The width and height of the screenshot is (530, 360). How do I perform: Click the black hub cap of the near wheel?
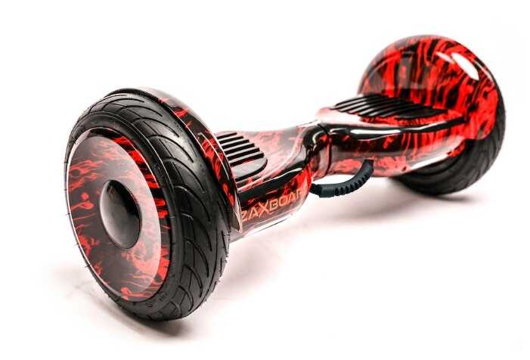pos(119,214)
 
